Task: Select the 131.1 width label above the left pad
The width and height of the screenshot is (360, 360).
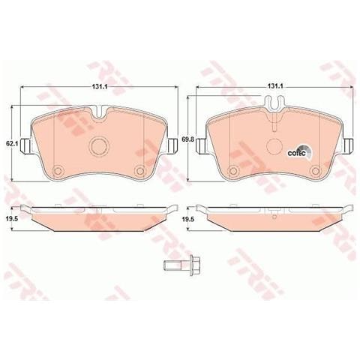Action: click(x=100, y=87)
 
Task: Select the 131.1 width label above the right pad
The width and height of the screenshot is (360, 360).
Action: click(x=275, y=86)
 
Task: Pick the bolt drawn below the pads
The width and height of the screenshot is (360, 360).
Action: click(x=182, y=265)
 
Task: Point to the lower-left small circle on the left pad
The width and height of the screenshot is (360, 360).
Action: click(x=58, y=171)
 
